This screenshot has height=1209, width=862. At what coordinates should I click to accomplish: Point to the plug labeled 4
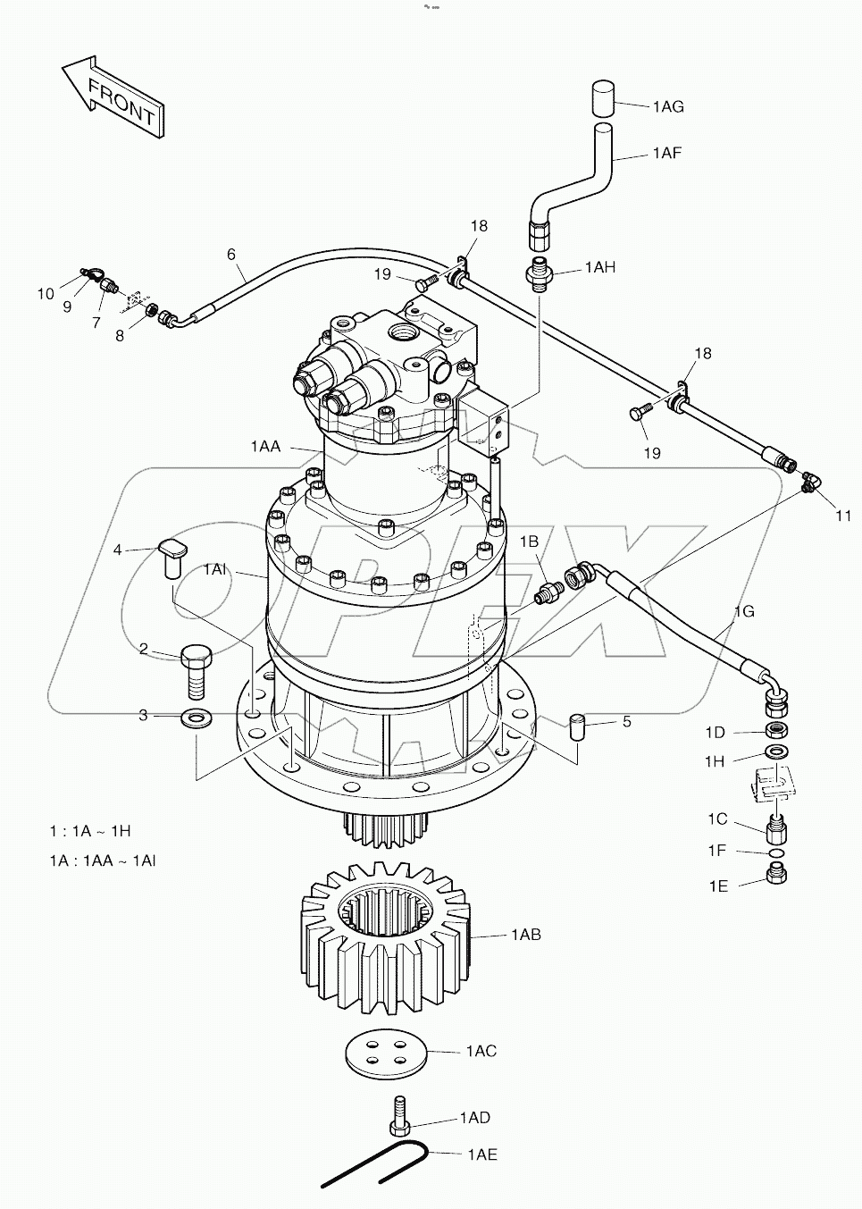pyautogui.click(x=173, y=555)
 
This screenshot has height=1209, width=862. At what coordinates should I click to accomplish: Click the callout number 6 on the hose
pyautogui.click(x=231, y=255)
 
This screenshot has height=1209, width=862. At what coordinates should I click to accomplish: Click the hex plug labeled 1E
pyautogui.click(x=776, y=877)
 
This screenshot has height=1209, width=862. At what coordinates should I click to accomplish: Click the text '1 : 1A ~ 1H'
pyautogui.click(x=90, y=831)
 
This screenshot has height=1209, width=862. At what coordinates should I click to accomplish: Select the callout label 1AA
pyautogui.click(x=265, y=446)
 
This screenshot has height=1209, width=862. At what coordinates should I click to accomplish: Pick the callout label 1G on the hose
pyautogui.click(x=744, y=612)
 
